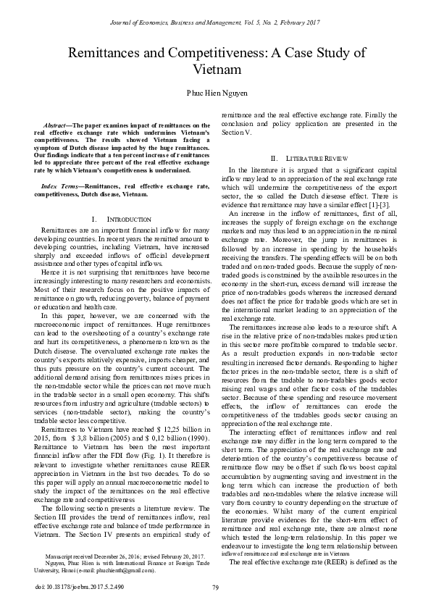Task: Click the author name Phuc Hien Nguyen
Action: coord(215,93)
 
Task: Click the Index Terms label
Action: coord(60,187)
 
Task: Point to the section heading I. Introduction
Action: coord(122,218)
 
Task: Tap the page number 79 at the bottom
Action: coord(215,588)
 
